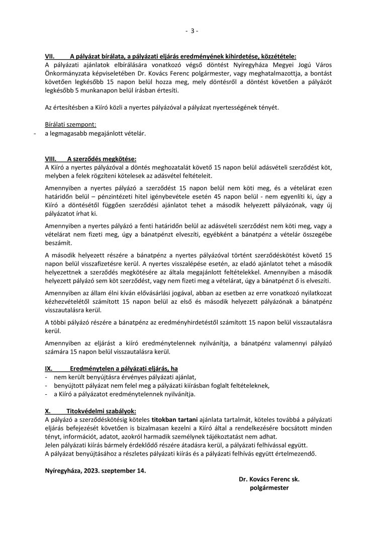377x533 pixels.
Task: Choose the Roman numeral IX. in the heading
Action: tap(49, 368)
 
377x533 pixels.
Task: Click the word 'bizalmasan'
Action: tap(148, 427)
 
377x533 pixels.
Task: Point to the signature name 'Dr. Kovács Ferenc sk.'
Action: tap(269, 480)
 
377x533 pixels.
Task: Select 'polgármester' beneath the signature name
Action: tap(269, 488)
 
